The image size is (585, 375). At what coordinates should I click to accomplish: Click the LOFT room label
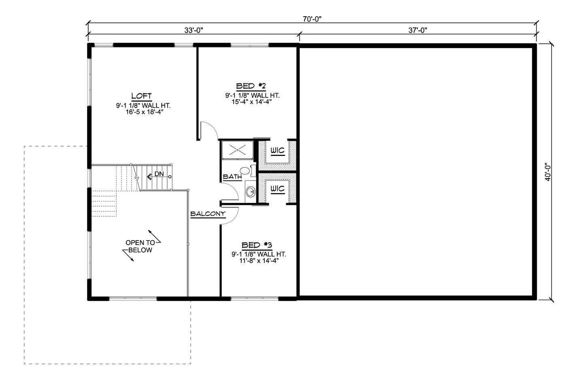tap(141, 96)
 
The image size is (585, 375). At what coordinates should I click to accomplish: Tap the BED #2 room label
tap(251, 86)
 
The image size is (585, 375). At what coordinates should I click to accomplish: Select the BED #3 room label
tap(257, 245)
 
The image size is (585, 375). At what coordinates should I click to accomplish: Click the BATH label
tap(232, 177)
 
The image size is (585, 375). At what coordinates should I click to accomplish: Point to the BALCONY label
tap(208, 214)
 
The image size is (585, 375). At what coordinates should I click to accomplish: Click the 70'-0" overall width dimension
tap(312, 19)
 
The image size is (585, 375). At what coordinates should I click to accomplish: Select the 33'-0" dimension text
tap(194, 30)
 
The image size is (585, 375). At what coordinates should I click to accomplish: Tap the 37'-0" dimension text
tap(418, 30)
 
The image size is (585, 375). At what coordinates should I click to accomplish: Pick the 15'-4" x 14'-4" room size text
tap(251, 102)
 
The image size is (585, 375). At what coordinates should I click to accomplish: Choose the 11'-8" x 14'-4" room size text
tap(259, 260)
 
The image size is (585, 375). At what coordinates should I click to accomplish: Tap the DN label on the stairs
tap(159, 174)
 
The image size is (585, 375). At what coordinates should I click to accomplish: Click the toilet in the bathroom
tap(247, 170)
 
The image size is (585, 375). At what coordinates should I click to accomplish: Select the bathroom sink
tap(251, 192)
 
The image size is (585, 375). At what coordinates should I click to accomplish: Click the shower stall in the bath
tap(237, 150)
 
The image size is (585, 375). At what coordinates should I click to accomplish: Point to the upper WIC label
tap(277, 151)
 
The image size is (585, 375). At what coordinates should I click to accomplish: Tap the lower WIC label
tap(277, 189)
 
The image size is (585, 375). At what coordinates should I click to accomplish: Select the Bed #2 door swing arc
tap(214, 126)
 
